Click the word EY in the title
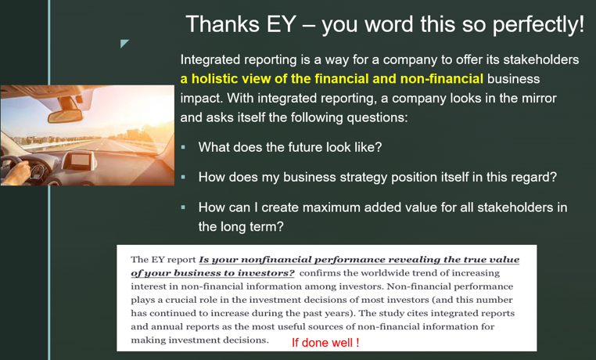tap(282, 24)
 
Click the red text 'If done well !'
tap(325, 343)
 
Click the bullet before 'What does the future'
tap(184, 147)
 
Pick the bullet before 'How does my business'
tap(184, 177)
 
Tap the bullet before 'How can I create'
tap(184, 207)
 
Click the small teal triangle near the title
tap(124, 43)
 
